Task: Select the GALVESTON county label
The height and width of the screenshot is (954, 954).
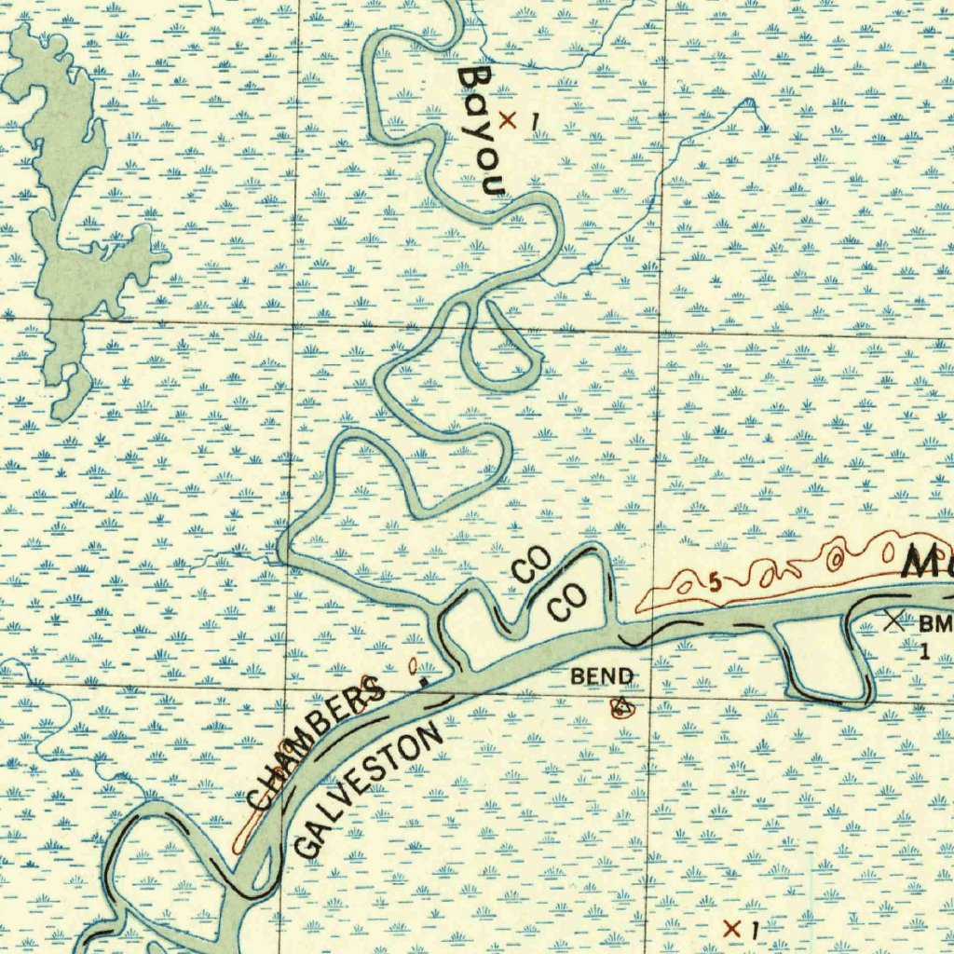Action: pyautogui.click(x=368, y=792)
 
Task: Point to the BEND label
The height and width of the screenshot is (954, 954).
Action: pyautogui.click(x=602, y=676)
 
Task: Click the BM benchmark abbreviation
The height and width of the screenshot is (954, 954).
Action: pyautogui.click(x=935, y=623)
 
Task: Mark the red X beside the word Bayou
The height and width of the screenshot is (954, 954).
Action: pyautogui.click(x=508, y=119)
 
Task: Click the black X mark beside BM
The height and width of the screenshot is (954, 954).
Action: pyautogui.click(x=897, y=620)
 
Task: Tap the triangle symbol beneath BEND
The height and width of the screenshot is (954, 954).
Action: pyautogui.click(x=620, y=707)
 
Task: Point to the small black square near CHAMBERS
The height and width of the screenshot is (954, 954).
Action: pyautogui.click(x=424, y=681)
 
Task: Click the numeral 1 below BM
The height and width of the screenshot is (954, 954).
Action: pyautogui.click(x=924, y=650)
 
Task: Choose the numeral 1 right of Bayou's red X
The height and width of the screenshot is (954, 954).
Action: pyautogui.click(x=534, y=121)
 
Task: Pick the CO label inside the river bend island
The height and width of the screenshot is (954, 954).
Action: pyautogui.click(x=566, y=606)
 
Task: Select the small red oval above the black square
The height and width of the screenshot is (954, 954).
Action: pyautogui.click(x=413, y=665)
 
